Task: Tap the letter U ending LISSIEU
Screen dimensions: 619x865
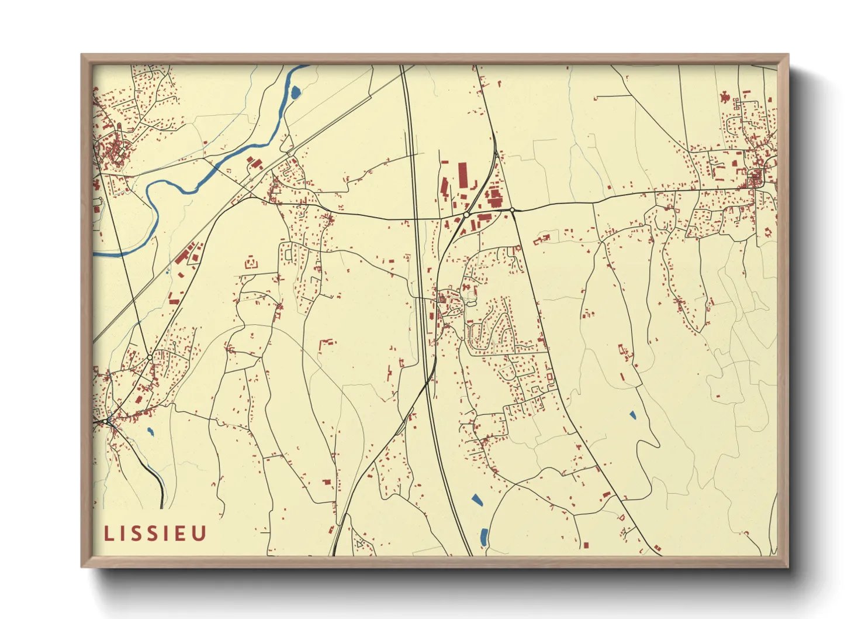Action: pos(199,534)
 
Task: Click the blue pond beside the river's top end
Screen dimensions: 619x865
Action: pos(296,92)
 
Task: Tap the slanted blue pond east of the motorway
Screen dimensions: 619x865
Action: pos(476,500)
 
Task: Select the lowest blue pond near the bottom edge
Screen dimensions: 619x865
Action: pos(484,537)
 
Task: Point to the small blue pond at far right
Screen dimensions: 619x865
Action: pos(632,415)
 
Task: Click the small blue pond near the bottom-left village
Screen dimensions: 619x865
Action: pos(150,432)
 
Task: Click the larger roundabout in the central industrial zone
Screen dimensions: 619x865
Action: pos(466,215)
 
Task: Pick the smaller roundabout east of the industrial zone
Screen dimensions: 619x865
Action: pos(512,209)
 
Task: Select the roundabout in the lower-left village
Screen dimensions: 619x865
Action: pos(150,357)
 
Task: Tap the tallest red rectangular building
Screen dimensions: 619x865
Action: pos(463,176)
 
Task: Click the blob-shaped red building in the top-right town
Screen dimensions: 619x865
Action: pos(725,97)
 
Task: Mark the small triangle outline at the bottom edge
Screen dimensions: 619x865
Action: pos(359,544)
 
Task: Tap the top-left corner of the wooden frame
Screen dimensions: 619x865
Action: pos(82,55)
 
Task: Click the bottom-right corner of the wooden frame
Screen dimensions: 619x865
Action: pos(787,566)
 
